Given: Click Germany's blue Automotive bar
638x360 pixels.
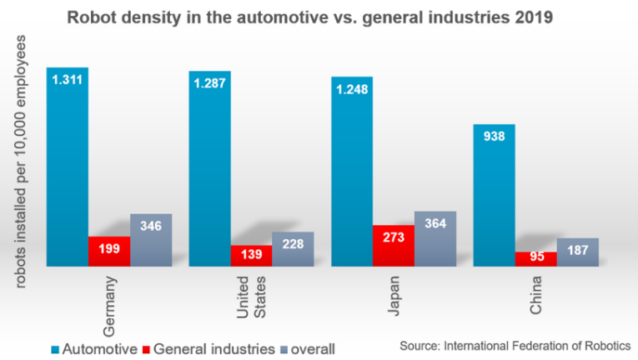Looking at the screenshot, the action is [68, 167].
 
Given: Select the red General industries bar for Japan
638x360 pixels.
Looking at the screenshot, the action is [394, 246].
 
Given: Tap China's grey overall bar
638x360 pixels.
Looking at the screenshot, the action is [578, 252].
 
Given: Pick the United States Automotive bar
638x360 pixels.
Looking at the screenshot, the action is [209, 169].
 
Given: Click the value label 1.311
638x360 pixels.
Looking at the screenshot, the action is [68, 80].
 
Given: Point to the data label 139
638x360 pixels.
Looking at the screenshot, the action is [251, 254].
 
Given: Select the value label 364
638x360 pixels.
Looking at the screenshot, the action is [435, 223].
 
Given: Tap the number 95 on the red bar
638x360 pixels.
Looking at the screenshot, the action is [537, 257].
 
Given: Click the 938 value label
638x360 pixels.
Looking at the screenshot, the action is [494, 136].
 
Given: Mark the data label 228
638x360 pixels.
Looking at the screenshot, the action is [293, 244].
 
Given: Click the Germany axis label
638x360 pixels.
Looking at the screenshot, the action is [109, 307].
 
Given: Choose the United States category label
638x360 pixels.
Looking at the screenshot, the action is [251, 297].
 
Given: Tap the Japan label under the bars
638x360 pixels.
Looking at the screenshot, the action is [394, 296].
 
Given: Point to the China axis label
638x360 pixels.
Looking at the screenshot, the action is [535, 295].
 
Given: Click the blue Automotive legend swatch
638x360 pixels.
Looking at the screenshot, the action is [55, 349].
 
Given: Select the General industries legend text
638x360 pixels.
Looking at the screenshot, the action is [214, 349].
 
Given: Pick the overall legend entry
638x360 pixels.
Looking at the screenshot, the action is [308, 349].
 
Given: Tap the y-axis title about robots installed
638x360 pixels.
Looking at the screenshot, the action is [20, 162].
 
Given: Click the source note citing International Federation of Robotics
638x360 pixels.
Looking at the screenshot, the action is [515, 346].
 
